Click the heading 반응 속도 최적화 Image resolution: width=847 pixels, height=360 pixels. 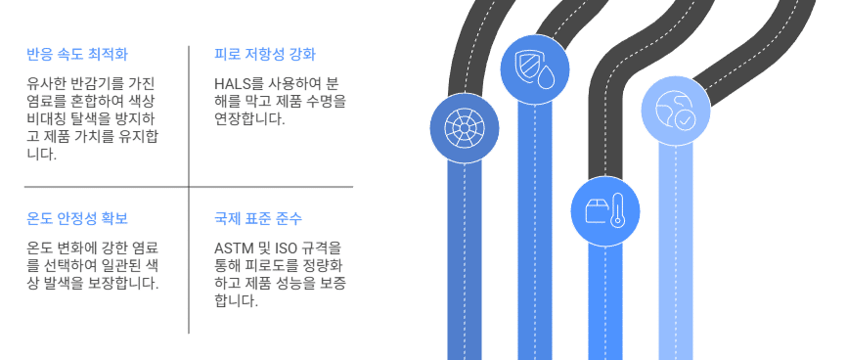point(77,55)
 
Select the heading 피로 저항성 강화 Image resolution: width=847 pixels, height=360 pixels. point(265,55)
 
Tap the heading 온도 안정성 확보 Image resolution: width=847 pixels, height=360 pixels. point(77,219)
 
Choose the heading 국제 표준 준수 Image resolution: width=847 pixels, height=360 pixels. point(258,219)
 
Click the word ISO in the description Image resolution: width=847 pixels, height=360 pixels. point(287,248)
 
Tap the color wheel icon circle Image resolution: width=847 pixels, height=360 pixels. point(465,128)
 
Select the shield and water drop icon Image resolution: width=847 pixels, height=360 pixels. point(535,69)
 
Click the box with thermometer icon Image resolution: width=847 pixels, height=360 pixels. point(605,210)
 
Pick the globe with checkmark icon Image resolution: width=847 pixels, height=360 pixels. point(675,111)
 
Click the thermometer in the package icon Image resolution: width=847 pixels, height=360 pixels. point(616,212)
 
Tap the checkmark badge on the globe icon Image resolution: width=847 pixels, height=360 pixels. point(685,120)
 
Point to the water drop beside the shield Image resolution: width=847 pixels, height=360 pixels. point(546,78)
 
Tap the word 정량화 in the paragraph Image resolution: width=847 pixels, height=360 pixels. point(326,266)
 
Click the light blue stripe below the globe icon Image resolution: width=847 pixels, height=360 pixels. point(675,251)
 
